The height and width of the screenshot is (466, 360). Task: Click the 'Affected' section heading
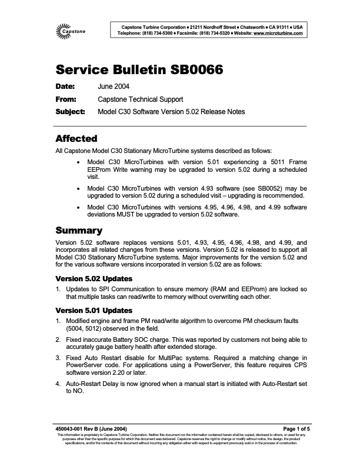[x=76, y=139]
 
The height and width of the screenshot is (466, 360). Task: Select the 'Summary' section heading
[x=78, y=230]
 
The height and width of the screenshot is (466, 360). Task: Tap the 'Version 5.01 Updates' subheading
[x=93, y=310]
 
